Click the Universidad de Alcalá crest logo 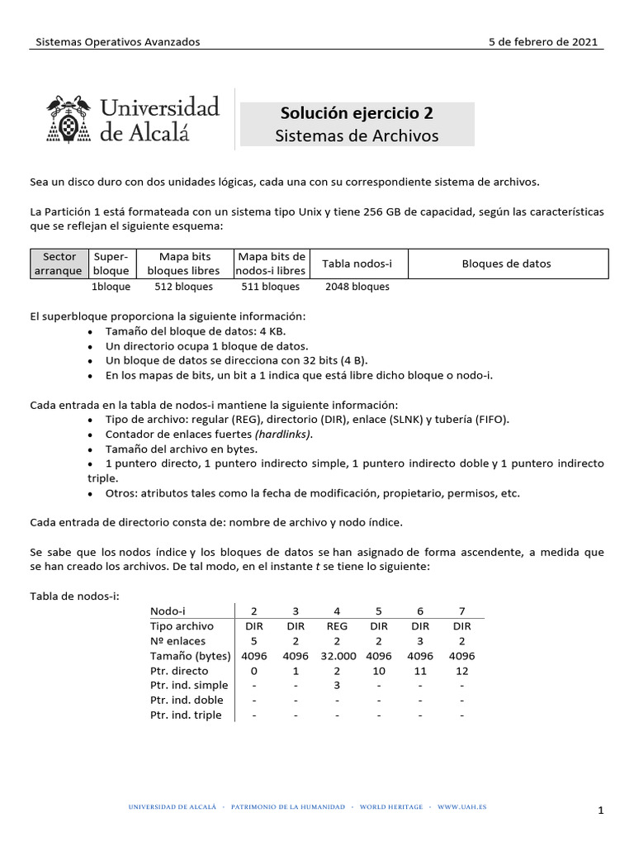69,118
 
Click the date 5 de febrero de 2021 543,42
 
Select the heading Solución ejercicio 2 357,113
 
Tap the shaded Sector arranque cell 59,264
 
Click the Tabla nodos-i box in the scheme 357,264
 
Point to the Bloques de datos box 506,264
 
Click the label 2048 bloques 357,287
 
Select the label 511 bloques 270,287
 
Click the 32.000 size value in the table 337,655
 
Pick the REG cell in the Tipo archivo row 337,625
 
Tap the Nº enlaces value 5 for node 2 254,640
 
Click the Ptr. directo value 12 461,670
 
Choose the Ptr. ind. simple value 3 337,685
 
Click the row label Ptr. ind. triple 186,715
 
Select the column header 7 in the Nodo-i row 461,611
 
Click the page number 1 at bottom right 602,812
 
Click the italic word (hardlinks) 284,434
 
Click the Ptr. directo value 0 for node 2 254,670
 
